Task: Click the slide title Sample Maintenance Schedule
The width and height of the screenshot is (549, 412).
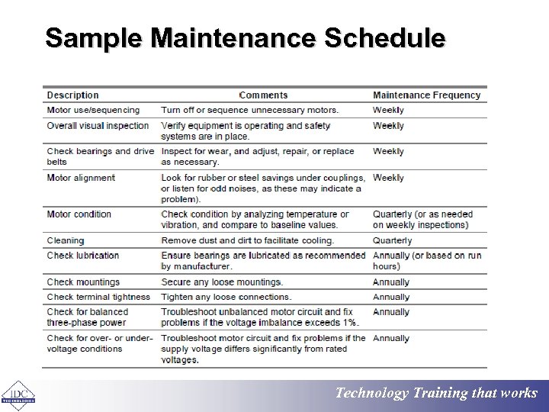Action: tap(245, 37)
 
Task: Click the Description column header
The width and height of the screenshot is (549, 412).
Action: tap(72, 95)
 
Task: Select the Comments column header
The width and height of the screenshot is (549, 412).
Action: tap(263, 95)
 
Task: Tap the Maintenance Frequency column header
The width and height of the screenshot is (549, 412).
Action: tap(426, 95)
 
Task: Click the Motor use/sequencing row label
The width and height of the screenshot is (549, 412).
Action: tap(93, 110)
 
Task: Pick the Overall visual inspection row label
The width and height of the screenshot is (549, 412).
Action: tap(98, 126)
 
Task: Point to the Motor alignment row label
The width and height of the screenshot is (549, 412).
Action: tap(81, 178)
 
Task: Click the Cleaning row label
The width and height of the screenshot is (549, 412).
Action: tap(66, 240)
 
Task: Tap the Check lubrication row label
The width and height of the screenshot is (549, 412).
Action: tap(83, 256)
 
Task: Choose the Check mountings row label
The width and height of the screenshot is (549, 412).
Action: tap(83, 282)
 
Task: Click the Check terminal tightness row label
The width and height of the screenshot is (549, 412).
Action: tap(98, 297)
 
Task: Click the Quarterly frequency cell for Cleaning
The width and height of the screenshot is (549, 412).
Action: tap(392, 240)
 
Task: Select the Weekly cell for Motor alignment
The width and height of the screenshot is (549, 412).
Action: tap(388, 178)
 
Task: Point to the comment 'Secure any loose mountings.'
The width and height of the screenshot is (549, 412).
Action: tap(222, 282)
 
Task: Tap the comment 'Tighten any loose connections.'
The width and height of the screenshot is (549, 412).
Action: tap(226, 297)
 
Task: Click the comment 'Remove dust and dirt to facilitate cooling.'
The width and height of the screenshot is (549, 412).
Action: tap(247, 240)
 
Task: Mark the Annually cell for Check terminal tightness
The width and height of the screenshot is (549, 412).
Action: tap(391, 297)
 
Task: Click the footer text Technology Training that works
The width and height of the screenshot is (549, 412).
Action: tap(437, 394)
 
